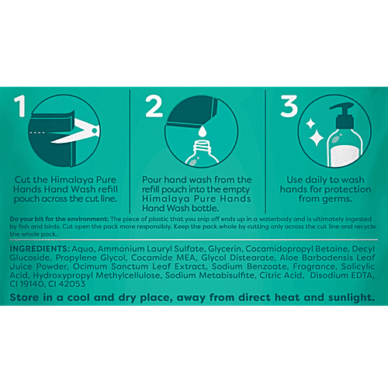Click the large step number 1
pyautogui.click(x=20, y=106)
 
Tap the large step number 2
pyautogui.click(x=154, y=106)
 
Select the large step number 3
pyautogui.click(x=289, y=106)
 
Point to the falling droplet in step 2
pyautogui.click(x=203, y=131)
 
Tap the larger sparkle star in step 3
pyautogui.click(x=316, y=138)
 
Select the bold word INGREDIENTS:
pyautogui.click(x=40, y=249)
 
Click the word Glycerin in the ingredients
pyautogui.click(x=225, y=249)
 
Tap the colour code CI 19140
pyautogui.click(x=27, y=284)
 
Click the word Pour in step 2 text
pyautogui.click(x=152, y=179)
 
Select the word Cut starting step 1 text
pyautogui.click(x=22, y=179)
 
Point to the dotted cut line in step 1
pyautogui.click(x=37, y=133)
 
